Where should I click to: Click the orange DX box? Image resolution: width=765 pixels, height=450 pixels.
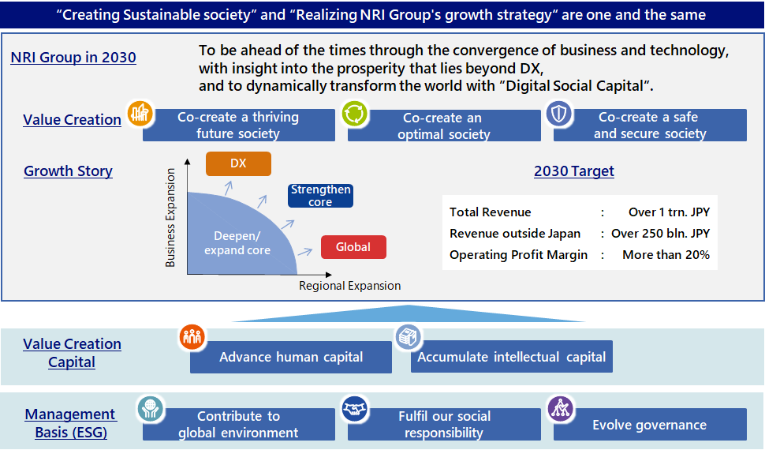coord(238,163)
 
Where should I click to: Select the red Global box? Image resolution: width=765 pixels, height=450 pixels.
coord(353,247)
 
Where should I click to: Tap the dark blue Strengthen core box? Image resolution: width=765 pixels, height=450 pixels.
coord(320,196)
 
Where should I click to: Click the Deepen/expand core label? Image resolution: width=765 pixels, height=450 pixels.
coord(237,243)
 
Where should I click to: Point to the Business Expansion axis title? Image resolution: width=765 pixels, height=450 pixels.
coord(170,218)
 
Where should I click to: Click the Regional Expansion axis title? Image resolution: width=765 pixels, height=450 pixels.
coord(350,286)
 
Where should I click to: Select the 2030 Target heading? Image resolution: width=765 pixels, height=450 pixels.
coord(574,171)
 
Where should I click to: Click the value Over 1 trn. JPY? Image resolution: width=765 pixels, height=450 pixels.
coord(669,212)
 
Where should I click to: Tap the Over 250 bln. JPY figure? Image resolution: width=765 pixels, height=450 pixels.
coord(661,234)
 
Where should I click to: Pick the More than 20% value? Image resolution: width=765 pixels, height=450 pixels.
coord(666,255)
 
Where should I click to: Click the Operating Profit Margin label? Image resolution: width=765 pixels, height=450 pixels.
coord(519,255)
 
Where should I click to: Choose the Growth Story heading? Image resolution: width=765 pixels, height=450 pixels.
coord(69,171)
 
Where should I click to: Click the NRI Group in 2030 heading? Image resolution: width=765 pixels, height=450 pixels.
coord(73,57)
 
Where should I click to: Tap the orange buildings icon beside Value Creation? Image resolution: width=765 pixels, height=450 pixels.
coord(140,114)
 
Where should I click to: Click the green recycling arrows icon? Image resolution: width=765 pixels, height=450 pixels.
coord(355,114)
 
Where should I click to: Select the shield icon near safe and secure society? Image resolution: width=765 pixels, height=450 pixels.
coord(559,114)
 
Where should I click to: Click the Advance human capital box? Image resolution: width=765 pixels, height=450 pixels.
coord(291,357)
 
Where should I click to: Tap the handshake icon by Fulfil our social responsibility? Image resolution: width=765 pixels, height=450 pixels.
coord(355,408)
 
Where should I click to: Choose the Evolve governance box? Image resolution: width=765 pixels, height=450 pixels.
coord(650,424)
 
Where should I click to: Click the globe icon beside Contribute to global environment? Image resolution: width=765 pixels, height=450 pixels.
coord(151,408)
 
